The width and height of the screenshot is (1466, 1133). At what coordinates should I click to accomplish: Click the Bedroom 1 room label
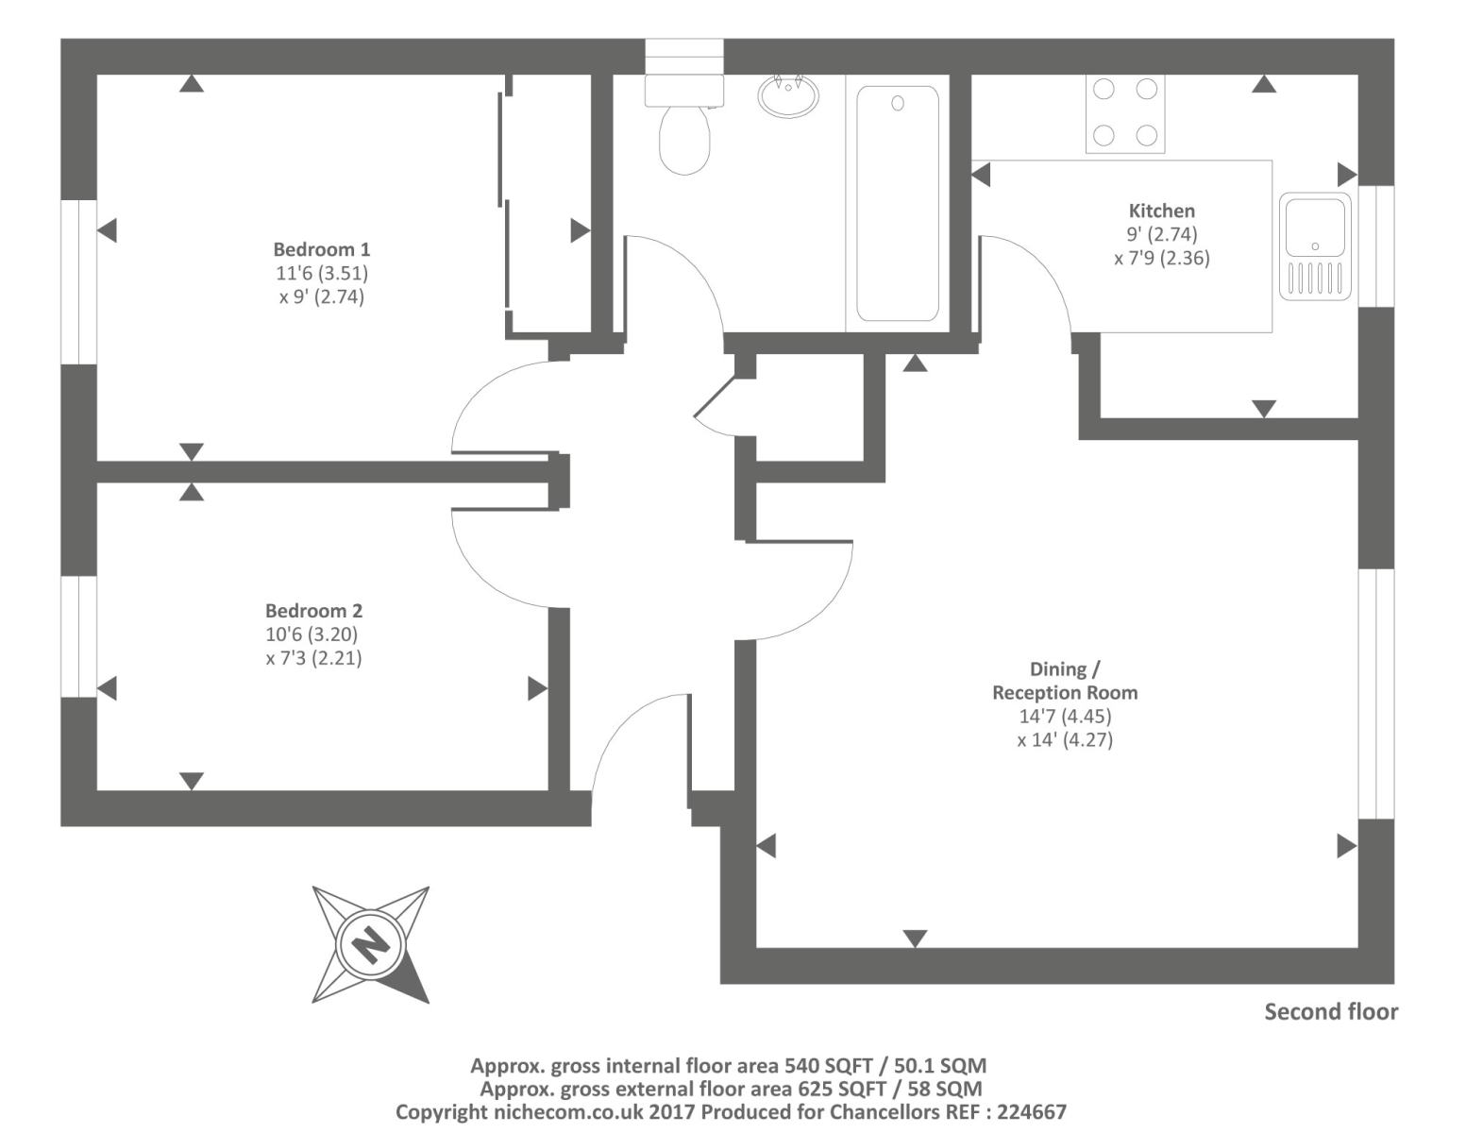pyautogui.click(x=321, y=249)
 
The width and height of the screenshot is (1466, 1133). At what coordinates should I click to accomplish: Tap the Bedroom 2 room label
pyautogui.click(x=313, y=611)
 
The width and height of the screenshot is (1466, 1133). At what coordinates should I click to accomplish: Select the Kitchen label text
pyautogui.click(x=1161, y=211)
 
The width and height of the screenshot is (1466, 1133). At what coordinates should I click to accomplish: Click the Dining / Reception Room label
pyautogui.click(x=1064, y=681)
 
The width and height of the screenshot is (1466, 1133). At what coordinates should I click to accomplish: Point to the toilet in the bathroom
pyautogui.click(x=684, y=137)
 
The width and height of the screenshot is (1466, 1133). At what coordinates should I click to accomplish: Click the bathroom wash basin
pyautogui.click(x=787, y=95)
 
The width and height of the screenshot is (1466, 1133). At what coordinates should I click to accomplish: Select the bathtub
pyautogui.click(x=897, y=203)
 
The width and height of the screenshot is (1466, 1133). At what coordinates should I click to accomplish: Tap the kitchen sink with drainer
pyautogui.click(x=1314, y=245)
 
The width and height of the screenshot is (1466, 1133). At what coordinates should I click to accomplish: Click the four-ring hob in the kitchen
pyautogui.click(x=1124, y=112)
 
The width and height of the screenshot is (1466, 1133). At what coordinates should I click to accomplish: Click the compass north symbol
pyautogui.click(x=371, y=943)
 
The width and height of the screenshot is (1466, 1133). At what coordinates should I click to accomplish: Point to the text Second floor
pyautogui.click(x=1330, y=1012)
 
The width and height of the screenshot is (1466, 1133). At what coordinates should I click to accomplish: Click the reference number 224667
pyautogui.click(x=1027, y=1112)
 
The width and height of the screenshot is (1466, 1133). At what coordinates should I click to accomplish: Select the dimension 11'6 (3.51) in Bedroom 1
pyautogui.click(x=321, y=273)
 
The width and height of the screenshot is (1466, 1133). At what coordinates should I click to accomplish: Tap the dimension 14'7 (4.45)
pyautogui.click(x=1065, y=717)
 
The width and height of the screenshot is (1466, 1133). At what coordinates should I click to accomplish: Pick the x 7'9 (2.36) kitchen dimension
pyautogui.click(x=1161, y=258)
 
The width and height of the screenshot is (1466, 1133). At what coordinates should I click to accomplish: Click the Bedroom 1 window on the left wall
pyautogui.click(x=78, y=281)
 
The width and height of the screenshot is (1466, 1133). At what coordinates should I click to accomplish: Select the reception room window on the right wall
pyautogui.click(x=1376, y=693)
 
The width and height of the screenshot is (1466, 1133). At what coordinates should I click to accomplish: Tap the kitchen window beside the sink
pyautogui.click(x=1376, y=245)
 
